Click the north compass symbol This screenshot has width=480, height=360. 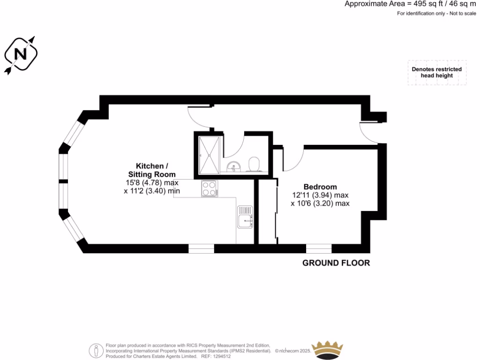pos(21,54)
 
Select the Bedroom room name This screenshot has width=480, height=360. pos(320,186)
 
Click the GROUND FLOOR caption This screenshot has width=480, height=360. pos(336,263)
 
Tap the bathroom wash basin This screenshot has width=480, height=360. pos(233,166)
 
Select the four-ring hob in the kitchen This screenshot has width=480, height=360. pos(209,188)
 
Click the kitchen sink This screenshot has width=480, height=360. pos(245,219)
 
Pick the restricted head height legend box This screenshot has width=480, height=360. pos(436,72)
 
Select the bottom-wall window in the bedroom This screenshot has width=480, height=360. pos(319,248)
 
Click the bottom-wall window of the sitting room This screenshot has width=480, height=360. pos(201,248)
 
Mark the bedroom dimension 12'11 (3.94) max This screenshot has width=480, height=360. pos(320,195)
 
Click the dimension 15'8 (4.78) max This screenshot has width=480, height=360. pos(151,183)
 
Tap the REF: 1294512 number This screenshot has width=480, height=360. pos(216,356)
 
